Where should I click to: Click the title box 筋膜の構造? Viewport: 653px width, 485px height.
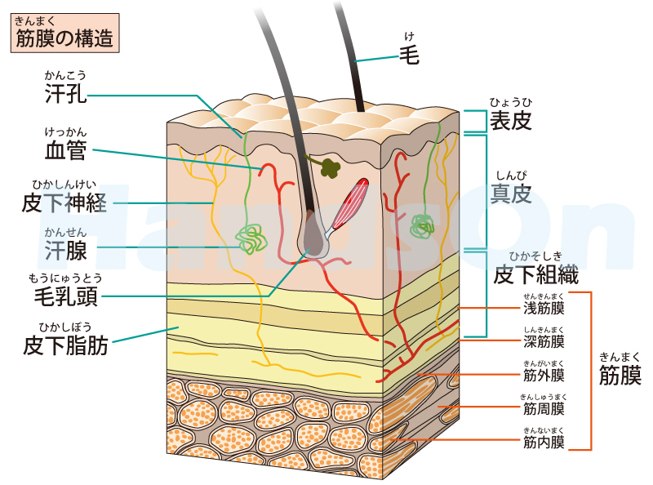pos(64,35)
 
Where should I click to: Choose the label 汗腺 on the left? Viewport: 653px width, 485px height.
pos(66,248)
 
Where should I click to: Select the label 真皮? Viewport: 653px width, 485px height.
pos(511,194)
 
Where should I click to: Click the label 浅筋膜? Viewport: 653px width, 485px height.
pos(544,309)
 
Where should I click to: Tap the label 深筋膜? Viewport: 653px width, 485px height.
pos(544,341)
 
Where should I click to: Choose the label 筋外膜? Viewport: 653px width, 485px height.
pos(544,376)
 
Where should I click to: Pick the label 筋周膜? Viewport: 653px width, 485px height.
pos(544,408)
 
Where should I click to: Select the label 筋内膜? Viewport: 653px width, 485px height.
pos(544,443)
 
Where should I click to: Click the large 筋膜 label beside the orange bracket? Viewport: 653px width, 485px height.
pos(620,376)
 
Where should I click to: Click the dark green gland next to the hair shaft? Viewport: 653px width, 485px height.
pos(330,167)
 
